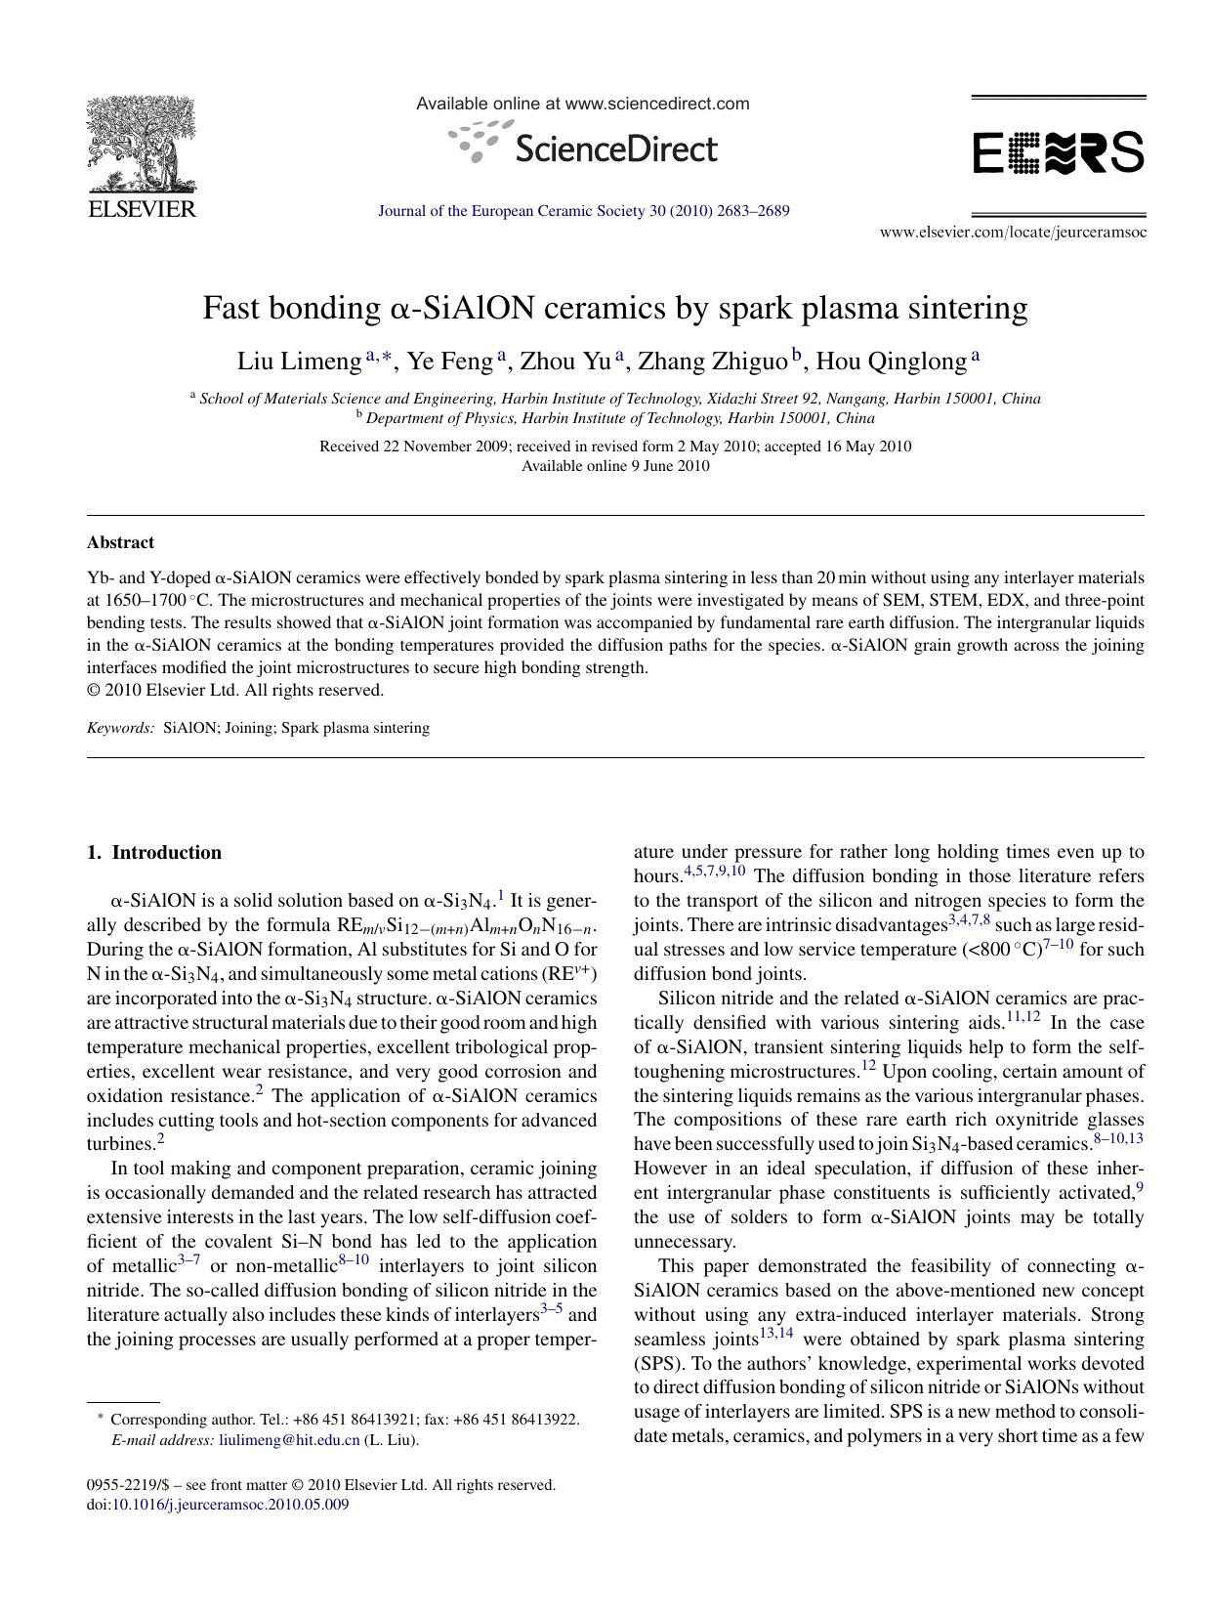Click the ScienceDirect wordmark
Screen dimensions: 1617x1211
pos(613,149)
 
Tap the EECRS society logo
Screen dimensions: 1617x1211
pos(1059,153)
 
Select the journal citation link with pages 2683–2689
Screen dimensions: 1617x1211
pos(583,211)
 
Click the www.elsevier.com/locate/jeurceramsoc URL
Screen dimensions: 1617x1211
pos(1013,233)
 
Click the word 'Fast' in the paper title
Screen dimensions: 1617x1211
pos(231,309)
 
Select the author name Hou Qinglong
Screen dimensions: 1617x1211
pos(890,362)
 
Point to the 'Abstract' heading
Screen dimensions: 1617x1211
pos(120,542)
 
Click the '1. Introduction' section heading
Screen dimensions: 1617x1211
pos(154,852)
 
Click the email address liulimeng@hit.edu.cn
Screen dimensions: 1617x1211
pos(289,1440)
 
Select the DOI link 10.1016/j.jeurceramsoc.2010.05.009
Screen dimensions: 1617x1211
pos(230,1505)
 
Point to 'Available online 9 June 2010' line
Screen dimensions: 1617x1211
pos(615,466)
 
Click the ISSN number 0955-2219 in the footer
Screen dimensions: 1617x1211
pos(117,1485)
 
